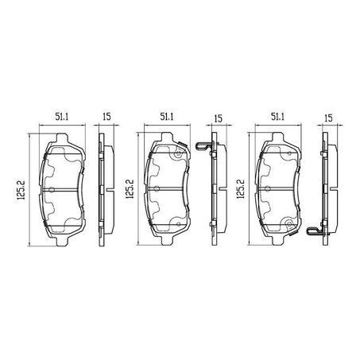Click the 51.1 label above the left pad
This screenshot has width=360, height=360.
point(62,117)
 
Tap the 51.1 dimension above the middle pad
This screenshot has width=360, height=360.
point(167,117)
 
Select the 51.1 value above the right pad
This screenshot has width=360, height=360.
point(277,117)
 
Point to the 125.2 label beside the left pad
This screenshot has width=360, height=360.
point(21,190)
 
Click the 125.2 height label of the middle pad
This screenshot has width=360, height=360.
point(130,189)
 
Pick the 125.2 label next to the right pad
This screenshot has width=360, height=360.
point(240,189)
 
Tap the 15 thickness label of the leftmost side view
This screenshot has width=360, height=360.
point(106,117)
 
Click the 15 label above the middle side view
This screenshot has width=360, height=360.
point(218,118)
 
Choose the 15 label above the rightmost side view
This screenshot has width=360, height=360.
point(328,118)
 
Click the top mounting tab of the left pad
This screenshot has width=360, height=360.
point(62,138)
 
